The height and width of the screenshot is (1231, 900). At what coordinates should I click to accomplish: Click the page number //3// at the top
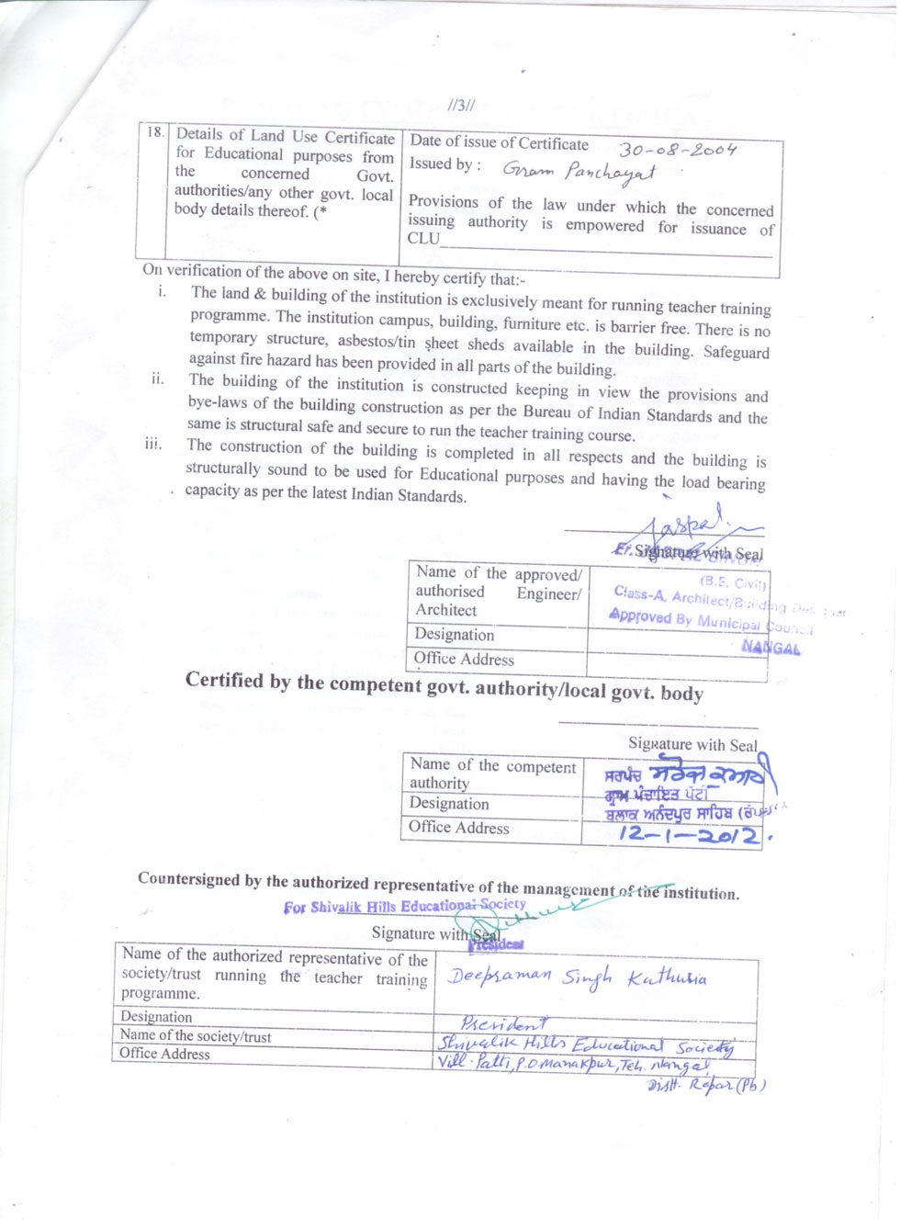461,106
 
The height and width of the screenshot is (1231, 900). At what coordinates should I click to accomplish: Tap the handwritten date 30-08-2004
678,150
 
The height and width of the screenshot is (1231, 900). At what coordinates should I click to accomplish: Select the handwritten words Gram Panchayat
579,171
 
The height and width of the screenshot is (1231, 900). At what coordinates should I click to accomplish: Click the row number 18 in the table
155,132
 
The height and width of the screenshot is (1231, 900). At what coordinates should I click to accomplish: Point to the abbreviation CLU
423,238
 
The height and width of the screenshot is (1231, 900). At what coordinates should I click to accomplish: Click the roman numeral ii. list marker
157,378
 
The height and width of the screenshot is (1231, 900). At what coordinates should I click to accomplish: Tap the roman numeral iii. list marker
152,444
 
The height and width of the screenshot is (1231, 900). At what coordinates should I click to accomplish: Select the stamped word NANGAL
771,648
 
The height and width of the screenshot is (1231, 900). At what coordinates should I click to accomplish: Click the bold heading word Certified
224,680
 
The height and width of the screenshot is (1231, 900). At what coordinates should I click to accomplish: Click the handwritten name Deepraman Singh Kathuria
577,977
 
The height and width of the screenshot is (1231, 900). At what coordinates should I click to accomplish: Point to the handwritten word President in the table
504,1022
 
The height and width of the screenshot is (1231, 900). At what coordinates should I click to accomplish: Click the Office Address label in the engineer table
464,659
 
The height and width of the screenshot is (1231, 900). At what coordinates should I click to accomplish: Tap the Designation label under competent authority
449,804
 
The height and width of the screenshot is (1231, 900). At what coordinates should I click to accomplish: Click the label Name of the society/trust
196,1036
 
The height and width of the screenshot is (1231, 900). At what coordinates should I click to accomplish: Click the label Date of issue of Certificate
499,142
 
